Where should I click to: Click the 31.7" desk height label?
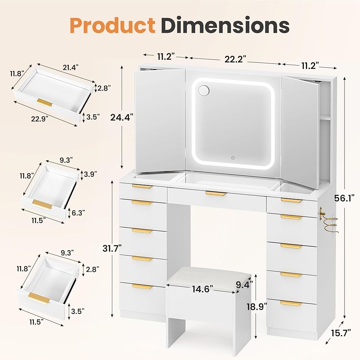(x=112, y=248)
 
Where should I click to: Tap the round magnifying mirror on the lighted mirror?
(x=203, y=90)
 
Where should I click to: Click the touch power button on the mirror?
(x=233, y=157)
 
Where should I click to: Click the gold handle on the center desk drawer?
(x=216, y=194)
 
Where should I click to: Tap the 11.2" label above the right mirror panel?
(x=310, y=66)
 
